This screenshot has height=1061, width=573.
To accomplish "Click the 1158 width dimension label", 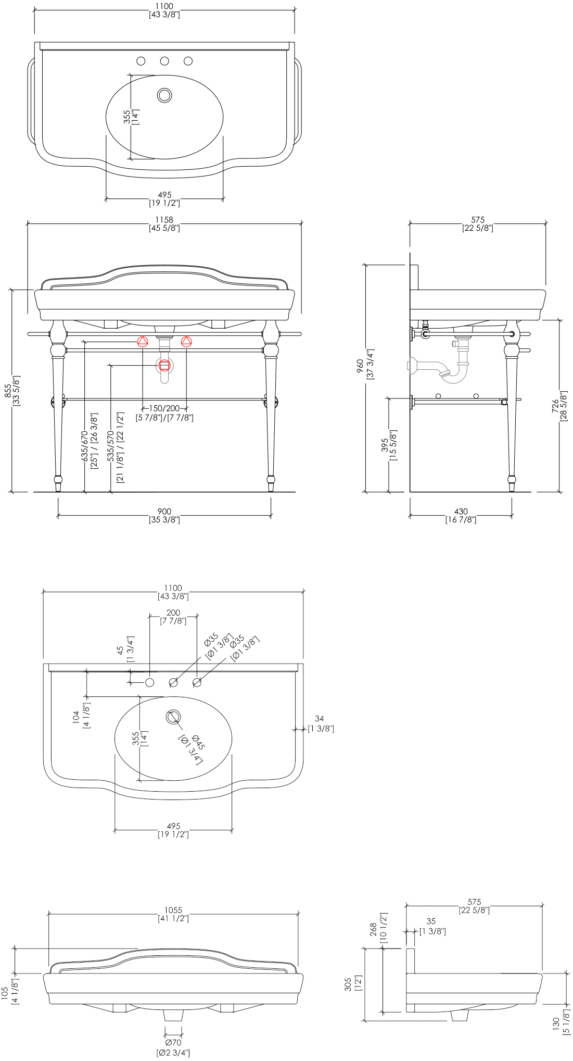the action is click(164, 224).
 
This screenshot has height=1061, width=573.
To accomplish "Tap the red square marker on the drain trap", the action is click(164, 366).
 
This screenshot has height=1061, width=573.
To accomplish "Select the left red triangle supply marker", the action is click(143, 342).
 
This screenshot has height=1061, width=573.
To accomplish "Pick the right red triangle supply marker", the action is click(186, 342).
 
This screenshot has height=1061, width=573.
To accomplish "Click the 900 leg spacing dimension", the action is click(164, 516).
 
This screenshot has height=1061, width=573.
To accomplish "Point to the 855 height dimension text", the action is click(12, 391).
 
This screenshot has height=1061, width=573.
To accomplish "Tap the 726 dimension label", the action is click(559, 406).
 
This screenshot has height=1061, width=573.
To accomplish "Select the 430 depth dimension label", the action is click(461, 516).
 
